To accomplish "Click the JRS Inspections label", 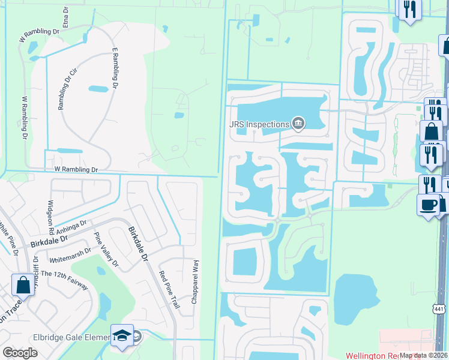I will click(x=259, y=125).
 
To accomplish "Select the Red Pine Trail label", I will click(x=169, y=289).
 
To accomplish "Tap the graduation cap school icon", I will click(x=122, y=336).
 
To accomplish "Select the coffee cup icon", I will click(x=428, y=204).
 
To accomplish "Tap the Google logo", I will click(x=20, y=353).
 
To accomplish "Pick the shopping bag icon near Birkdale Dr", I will click(x=23, y=284).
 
